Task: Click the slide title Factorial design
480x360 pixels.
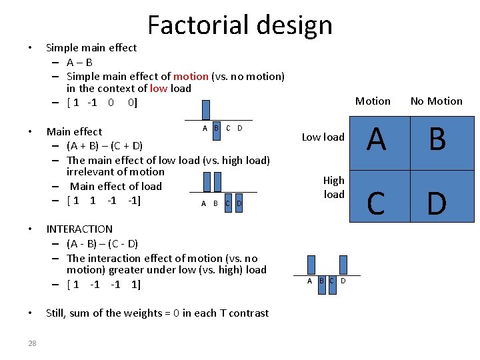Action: [239, 25]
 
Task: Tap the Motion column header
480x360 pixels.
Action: [373, 101]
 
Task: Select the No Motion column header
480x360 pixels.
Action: [436, 101]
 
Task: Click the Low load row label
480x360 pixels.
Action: [323, 137]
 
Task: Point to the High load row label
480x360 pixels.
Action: [334, 187]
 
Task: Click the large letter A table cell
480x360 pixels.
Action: [377, 139]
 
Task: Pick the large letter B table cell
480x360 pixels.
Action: [437, 139]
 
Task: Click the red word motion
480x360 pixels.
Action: [191, 77]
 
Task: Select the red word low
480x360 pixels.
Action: [159, 89]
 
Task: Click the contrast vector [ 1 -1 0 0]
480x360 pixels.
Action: [102, 103]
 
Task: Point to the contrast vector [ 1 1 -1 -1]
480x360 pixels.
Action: [103, 201]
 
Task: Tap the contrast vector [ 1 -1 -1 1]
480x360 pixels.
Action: [103, 285]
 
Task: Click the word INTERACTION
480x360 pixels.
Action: [79, 229]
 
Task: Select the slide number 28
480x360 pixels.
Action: [32, 343]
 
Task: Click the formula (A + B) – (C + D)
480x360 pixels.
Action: [105, 146]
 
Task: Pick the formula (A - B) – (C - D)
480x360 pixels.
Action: [102, 243]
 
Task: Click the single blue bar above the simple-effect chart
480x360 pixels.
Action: [206, 109]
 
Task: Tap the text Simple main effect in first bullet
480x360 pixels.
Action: [91, 48]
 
